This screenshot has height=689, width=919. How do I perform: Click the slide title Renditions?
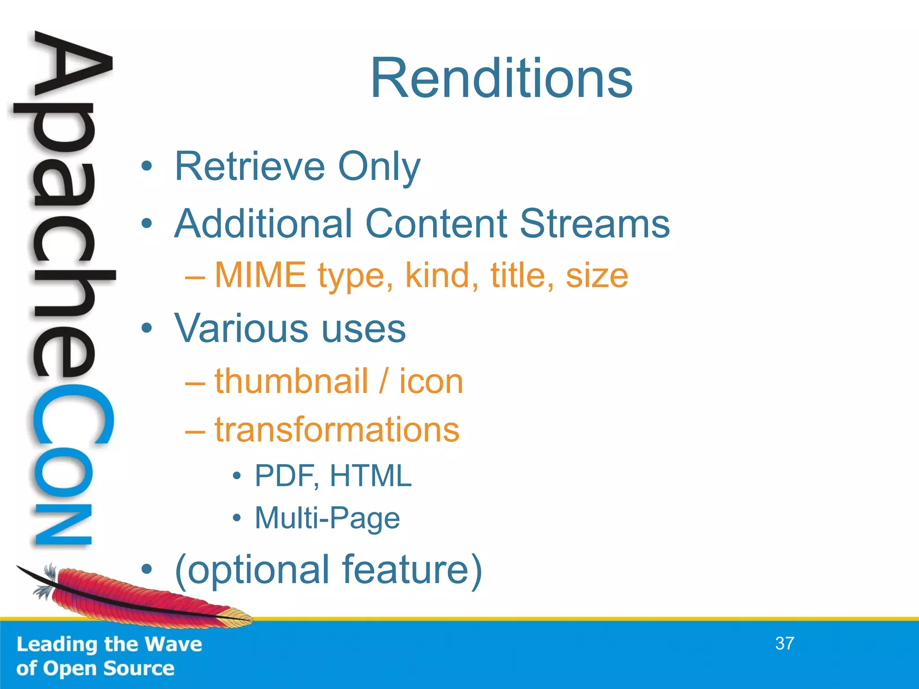click(501, 78)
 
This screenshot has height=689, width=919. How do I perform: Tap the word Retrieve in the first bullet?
click(249, 166)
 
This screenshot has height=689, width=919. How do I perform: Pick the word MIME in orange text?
click(261, 275)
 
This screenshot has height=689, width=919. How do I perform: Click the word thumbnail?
click(291, 381)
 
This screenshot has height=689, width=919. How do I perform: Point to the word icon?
click(431, 381)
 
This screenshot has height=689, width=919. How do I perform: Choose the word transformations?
click(337, 429)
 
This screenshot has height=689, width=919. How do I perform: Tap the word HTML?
click(370, 476)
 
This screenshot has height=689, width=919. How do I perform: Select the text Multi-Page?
click(327, 518)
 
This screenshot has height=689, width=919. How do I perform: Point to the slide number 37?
click(784, 643)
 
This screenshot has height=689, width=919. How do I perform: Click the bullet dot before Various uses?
click(146, 328)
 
